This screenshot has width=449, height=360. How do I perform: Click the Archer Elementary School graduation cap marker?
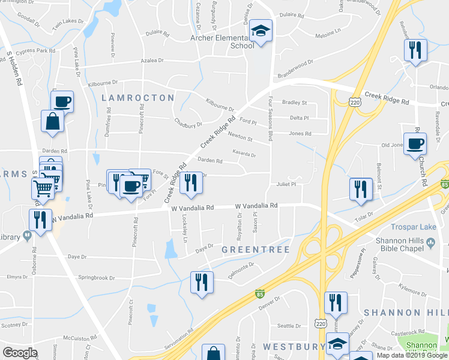[261, 31]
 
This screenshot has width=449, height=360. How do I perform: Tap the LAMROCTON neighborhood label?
[138, 97]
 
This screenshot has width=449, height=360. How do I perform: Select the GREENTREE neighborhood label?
[256, 249]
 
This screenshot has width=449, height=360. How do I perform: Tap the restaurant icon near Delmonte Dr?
[201, 283]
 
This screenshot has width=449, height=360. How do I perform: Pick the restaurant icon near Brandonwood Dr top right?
[415, 50]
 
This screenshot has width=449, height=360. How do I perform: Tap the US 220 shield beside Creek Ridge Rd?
[355, 103]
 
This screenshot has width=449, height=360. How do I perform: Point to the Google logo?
[20, 352]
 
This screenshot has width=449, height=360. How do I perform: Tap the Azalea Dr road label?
[152, 61]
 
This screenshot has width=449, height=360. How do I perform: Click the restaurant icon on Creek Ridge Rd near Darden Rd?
[191, 182]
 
